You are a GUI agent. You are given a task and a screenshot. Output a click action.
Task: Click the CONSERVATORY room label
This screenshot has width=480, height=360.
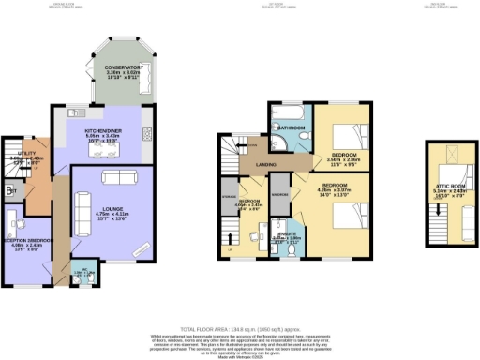click(124, 67)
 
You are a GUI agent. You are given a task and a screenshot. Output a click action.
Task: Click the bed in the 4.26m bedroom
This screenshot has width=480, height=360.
click(346, 217)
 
